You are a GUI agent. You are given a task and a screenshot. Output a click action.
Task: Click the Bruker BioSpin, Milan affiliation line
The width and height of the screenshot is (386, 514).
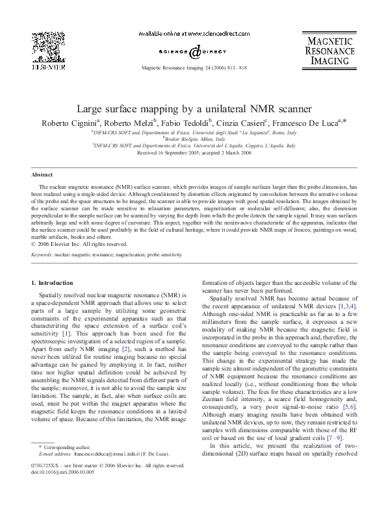point(193,138)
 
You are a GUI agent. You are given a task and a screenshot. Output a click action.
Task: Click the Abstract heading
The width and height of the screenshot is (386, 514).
point(41,175)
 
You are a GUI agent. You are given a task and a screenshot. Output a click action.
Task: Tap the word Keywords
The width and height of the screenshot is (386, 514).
point(42,256)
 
